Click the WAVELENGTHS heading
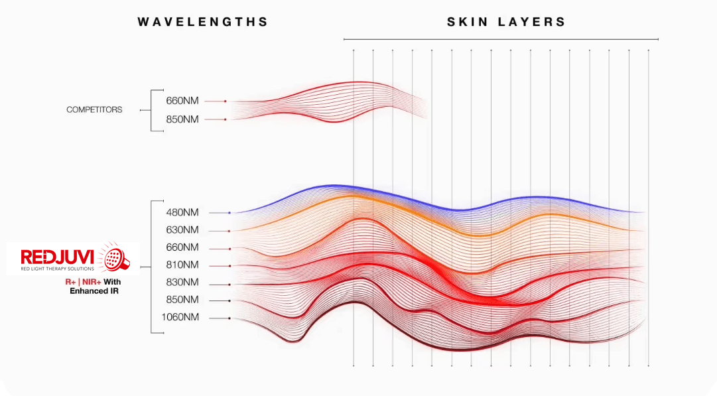click(x=202, y=22)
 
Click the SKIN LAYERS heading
click(x=506, y=22)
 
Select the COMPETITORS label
click(x=94, y=110)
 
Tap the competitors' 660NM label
click(x=182, y=101)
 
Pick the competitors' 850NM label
click(x=182, y=119)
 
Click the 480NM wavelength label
click(x=182, y=213)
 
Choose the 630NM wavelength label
click(x=182, y=230)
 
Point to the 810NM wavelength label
click(x=182, y=265)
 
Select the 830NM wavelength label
click(x=182, y=282)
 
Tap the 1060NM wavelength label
click(x=180, y=317)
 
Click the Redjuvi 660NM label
click(x=182, y=247)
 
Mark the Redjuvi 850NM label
click(x=182, y=300)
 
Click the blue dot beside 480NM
click(x=229, y=213)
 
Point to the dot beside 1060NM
click(x=229, y=318)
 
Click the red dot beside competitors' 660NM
click(x=226, y=101)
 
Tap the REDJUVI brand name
click(x=58, y=257)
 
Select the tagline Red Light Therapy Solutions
click(x=58, y=269)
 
